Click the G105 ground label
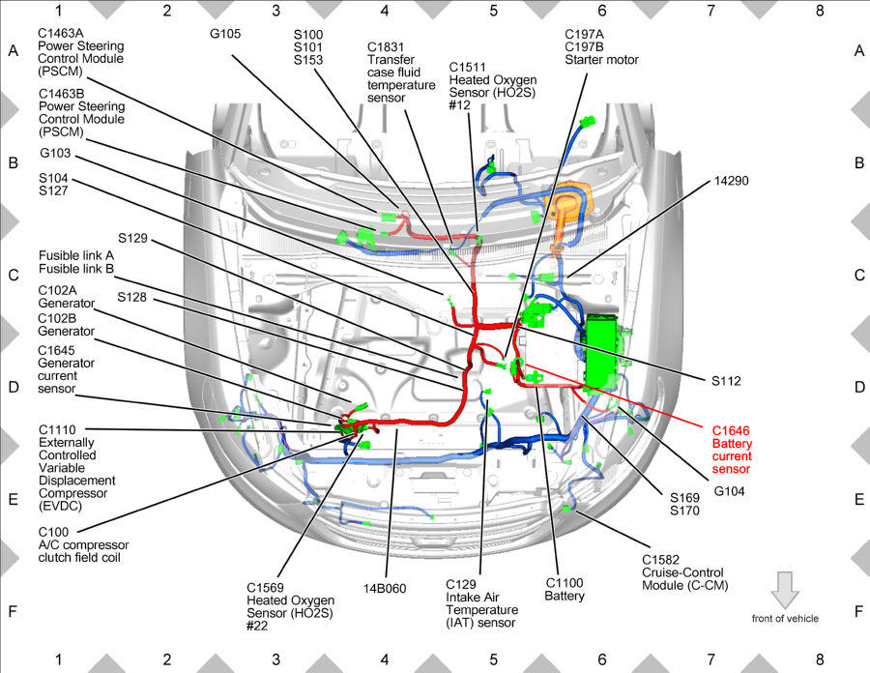[x=225, y=34]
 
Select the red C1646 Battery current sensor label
[x=732, y=450]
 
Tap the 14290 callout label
[x=732, y=181]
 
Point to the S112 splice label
[x=726, y=381]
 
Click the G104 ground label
[x=729, y=491]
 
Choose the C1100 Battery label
[x=565, y=589]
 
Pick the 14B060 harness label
[x=385, y=589]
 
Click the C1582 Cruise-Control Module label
[x=684, y=572]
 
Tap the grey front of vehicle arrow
[x=785, y=589]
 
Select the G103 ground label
[x=55, y=153]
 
